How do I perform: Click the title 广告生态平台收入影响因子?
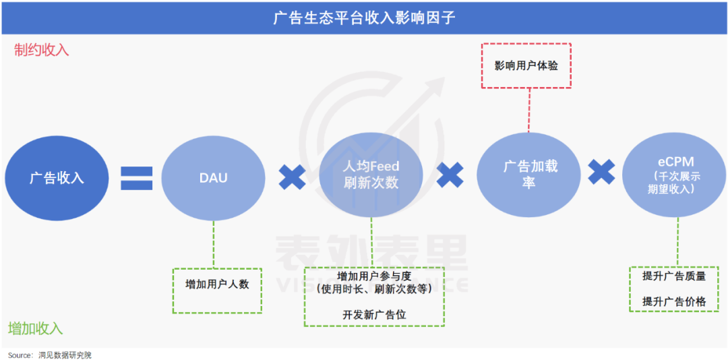364,18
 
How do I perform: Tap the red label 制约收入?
42,50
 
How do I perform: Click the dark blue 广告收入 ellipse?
56,178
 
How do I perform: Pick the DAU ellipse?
213,178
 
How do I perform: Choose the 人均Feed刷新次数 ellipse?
371,175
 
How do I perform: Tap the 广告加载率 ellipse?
530,175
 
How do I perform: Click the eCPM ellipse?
675,176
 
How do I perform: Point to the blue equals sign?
137,177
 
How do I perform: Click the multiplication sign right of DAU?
292,177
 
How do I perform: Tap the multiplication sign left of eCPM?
601,172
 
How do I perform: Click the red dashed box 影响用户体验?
526,65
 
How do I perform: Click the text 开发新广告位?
374,314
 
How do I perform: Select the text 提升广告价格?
674,301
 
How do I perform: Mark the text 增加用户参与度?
374,276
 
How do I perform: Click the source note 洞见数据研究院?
65,355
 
